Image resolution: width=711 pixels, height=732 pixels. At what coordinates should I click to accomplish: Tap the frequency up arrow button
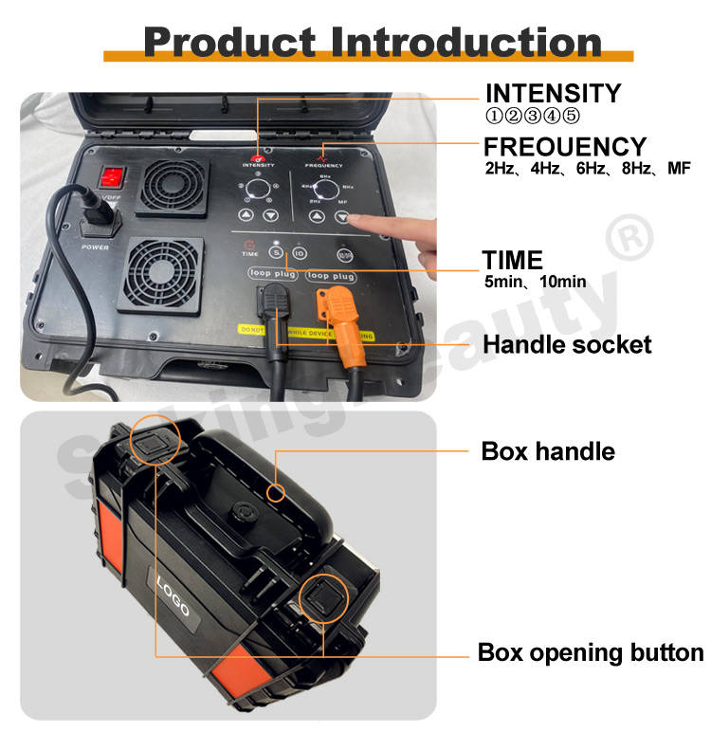point(319,217)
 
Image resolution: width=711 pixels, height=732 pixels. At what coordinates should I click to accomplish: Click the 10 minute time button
point(299,253)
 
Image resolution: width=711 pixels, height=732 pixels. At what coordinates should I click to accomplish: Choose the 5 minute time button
point(276,253)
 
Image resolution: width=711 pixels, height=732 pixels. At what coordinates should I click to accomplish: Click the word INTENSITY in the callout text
point(553,94)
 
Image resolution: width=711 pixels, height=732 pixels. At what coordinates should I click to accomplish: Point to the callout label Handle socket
point(567,344)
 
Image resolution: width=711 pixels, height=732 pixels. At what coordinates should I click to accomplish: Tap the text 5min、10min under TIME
point(534,282)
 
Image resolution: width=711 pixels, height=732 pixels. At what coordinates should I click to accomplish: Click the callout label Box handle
point(548,451)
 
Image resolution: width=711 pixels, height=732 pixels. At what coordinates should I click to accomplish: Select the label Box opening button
point(590,653)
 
